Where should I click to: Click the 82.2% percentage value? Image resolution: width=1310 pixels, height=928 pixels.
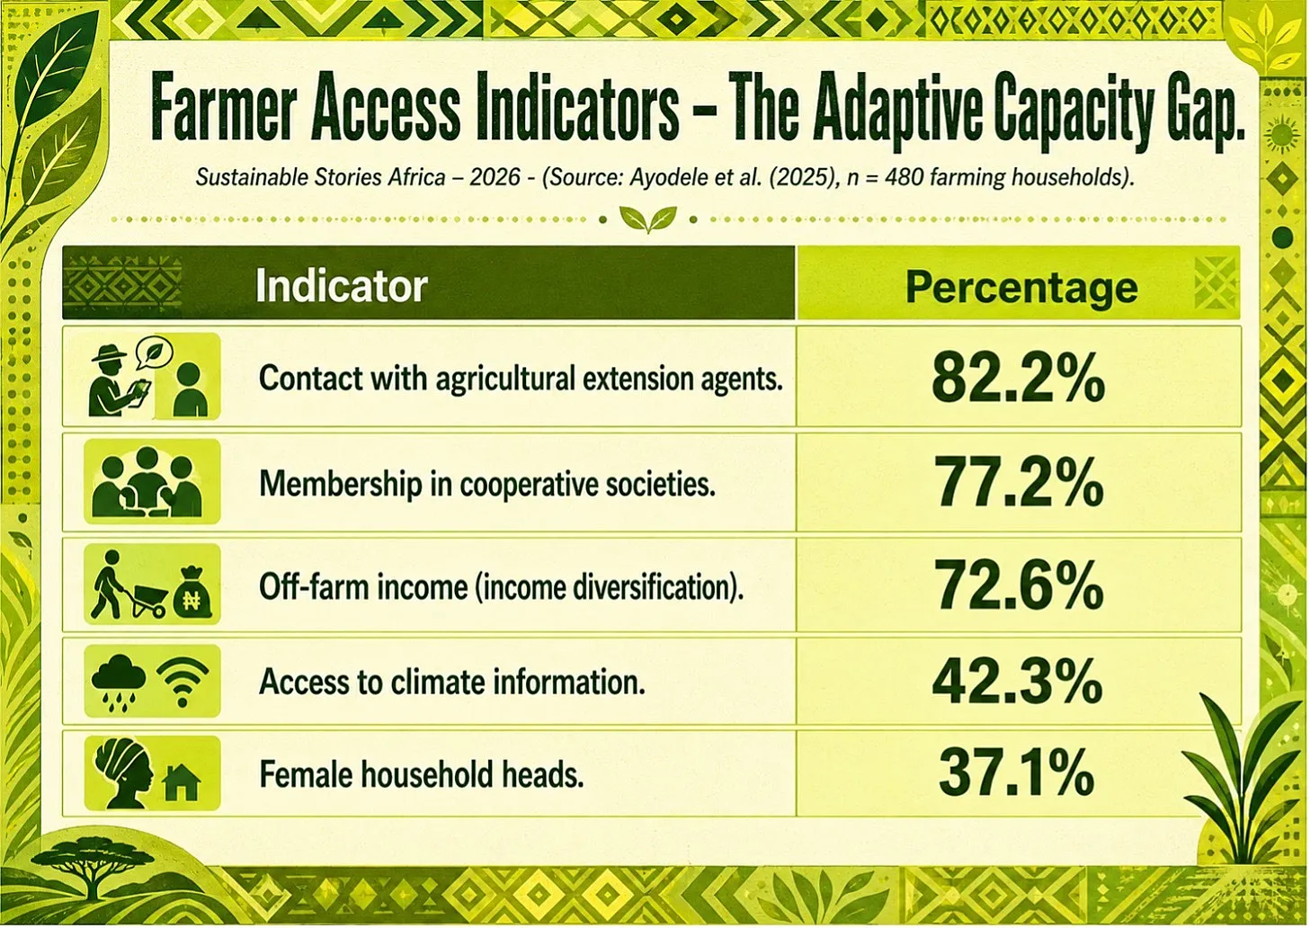pos(1018,379)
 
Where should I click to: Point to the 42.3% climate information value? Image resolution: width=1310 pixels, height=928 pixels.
pos(1017,682)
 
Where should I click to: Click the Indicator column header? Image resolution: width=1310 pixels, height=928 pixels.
pos(341,286)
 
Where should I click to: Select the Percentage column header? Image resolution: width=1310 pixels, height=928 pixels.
pos(1021,288)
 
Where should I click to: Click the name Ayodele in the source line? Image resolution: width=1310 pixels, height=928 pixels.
pos(661,177)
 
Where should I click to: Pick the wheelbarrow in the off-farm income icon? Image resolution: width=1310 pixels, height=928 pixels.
pos(146,602)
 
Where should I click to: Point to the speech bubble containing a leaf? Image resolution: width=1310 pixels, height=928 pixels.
pos(154,352)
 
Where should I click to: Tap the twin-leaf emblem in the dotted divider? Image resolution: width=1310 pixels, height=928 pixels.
pos(648,219)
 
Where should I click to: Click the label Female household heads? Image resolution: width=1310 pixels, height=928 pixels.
pos(421,774)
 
